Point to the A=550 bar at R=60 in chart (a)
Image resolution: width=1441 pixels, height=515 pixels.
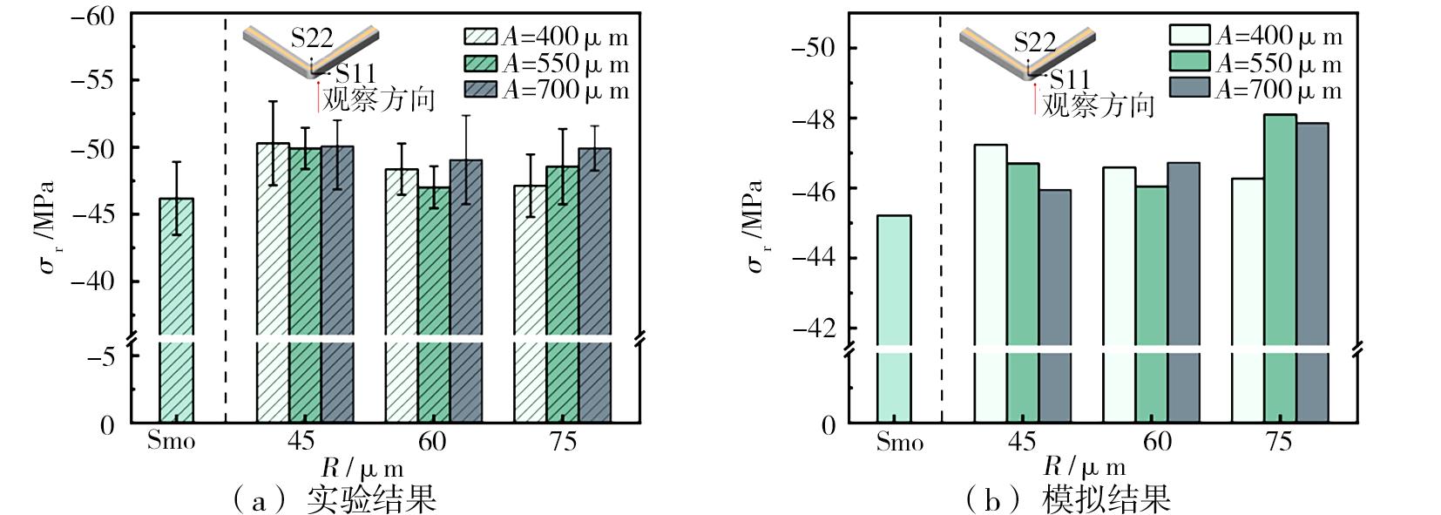pos(433,305)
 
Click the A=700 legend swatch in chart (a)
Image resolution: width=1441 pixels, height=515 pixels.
pos(480,90)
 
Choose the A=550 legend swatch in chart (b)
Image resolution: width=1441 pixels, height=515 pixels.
pos(1188,61)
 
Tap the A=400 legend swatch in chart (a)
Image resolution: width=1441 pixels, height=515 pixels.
pos(480,37)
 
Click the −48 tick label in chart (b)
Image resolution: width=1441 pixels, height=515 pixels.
pos(814,119)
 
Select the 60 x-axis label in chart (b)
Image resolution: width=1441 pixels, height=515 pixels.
pos(1157,442)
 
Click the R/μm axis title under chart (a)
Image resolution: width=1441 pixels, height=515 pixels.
pos(362,468)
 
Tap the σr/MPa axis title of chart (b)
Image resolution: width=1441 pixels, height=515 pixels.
pos(754,227)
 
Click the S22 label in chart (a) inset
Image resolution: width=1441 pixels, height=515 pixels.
pos(312,37)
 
